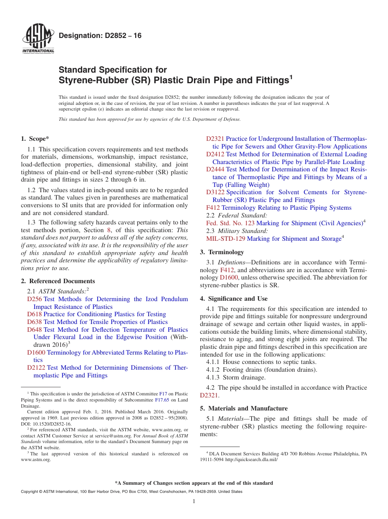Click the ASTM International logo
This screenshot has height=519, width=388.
coord(38,39)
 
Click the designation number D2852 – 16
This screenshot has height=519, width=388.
coord(100,36)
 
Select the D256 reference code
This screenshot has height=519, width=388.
coord(34,299)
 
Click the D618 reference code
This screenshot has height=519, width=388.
coord(34,314)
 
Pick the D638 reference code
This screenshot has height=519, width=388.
coord(34,322)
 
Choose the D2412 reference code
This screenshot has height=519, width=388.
coord(215,154)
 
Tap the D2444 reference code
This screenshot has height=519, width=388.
coord(215,169)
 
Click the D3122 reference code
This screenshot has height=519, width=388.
coord(215,192)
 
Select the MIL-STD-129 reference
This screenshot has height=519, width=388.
coord(226,239)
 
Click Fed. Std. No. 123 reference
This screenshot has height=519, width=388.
coord(230,223)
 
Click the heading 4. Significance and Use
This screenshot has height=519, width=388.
coord(234,299)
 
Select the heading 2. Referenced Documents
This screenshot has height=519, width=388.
coord(58,281)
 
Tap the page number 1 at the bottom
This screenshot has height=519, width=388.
coord(194,501)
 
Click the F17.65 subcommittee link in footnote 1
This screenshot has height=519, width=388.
coord(161,400)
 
